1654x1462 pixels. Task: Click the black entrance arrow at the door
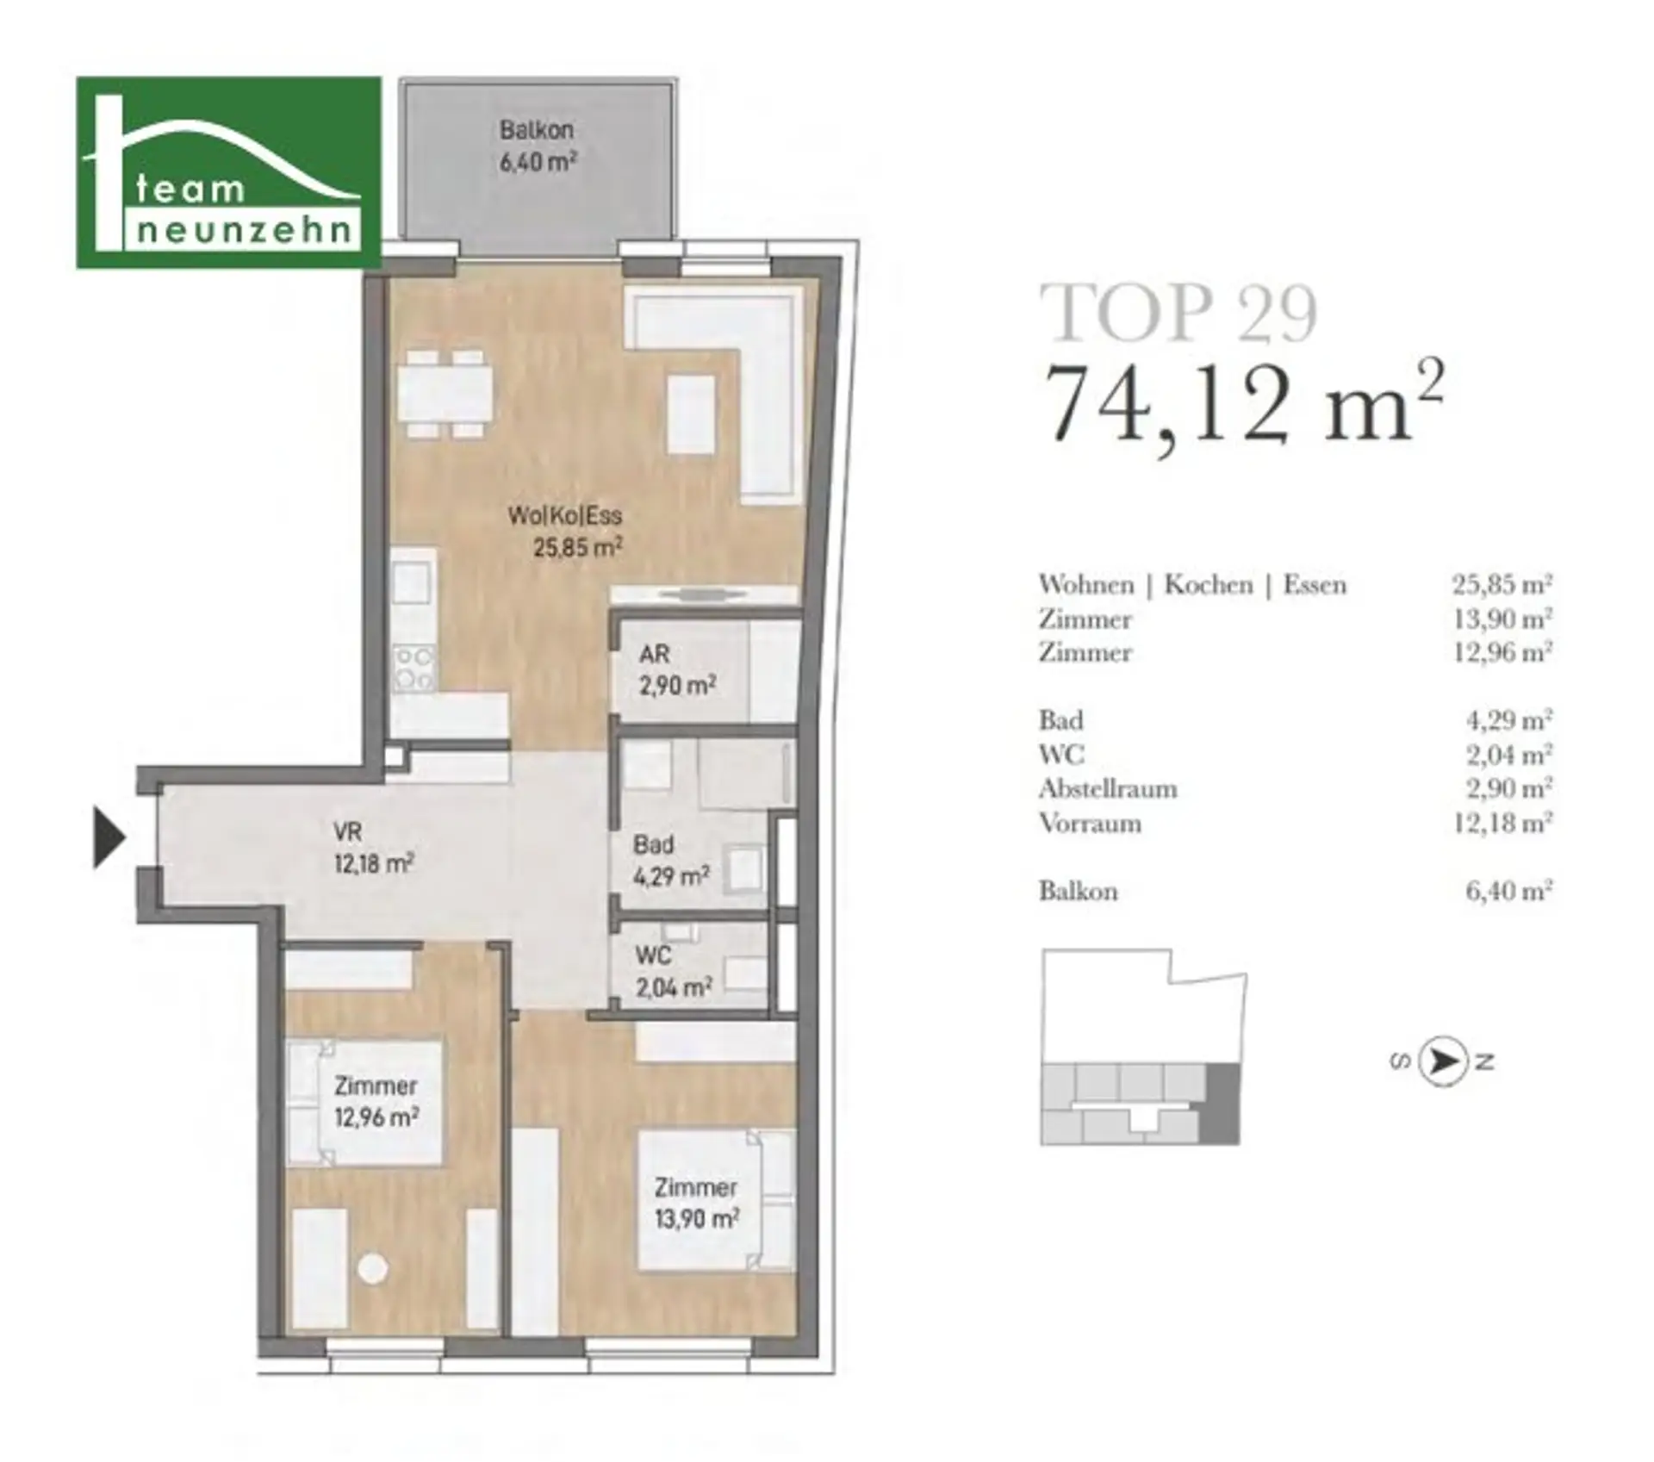pyautogui.click(x=109, y=837)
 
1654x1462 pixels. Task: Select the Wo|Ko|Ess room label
pyautogui.click(x=565, y=531)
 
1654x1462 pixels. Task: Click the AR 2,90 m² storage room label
pyautogui.click(x=677, y=670)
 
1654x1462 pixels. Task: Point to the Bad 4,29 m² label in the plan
pyautogui.click(x=671, y=861)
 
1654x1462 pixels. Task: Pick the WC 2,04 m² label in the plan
pyautogui.click(x=674, y=972)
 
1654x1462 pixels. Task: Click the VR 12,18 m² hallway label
pyautogui.click(x=374, y=848)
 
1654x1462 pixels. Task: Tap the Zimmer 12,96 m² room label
pyautogui.click(x=376, y=1102)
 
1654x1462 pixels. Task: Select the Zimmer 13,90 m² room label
pyautogui.click(x=696, y=1204)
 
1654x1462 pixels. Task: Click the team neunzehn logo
pyautogui.click(x=229, y=172)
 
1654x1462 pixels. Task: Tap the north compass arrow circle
pyautogui.click(x=1443, y=1061)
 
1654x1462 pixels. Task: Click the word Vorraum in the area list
pyautogui.click(x=1090, y=824)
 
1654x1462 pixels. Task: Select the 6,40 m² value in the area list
pyautogui.click(x=1508, y=890)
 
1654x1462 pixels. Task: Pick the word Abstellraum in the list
pyautogui.click(x=1108, y=789)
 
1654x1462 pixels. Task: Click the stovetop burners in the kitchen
pyautogui.click(x=414, y=669)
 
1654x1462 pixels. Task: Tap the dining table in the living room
pyautogui.click(x=444, y=394)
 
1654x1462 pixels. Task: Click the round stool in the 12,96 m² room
pyautogui.click(x=373, y=1268)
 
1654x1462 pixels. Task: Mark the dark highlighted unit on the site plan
pyautogui.click(x=1223, y=1104)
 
